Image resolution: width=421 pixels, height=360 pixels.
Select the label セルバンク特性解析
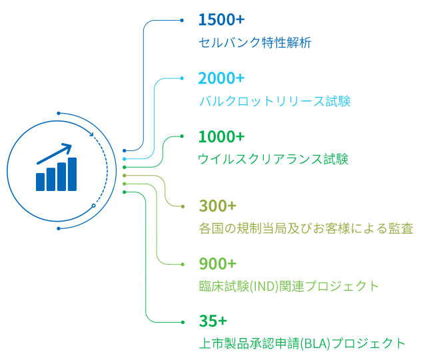(254, 43)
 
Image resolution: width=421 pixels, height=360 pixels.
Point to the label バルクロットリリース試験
(274, 102)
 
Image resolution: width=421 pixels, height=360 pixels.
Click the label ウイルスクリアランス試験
(274, 160)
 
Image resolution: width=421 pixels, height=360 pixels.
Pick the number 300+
(218, 205)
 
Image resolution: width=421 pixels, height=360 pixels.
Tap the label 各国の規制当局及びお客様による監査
(306, 229)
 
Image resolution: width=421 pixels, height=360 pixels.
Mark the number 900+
(218, 264)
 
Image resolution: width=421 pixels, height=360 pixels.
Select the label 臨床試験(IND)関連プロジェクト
(288, 287)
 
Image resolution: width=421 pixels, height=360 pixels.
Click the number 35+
(213, 321)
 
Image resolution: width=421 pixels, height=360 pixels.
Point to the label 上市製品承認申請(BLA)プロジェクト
(302, 344)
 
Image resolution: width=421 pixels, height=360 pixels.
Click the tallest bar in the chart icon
(71, 173)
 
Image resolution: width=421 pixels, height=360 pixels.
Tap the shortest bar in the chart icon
(41, 180)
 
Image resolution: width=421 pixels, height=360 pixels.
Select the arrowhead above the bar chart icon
(67, 146)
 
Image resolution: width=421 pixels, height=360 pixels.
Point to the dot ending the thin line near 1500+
(183, 21)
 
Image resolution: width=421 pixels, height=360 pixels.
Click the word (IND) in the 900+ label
(265, 287)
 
